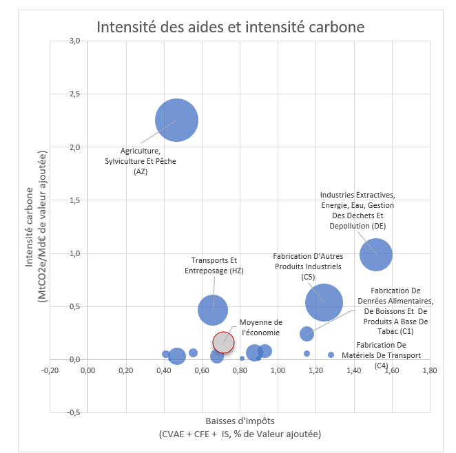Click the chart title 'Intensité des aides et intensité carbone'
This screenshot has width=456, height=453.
tap(230, 28)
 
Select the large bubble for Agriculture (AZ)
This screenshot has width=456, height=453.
tap(177, 120)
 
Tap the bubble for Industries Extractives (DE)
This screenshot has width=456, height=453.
tap(375, 255)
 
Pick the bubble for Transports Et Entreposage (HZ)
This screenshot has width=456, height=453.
tap(213, 310)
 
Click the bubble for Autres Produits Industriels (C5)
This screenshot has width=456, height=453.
tap(324, 302)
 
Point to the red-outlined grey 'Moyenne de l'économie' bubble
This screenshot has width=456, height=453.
tap(223, 341)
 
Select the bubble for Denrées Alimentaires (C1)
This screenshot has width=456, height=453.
tap(307, 334)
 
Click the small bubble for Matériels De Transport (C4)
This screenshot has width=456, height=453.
tap(331, 355)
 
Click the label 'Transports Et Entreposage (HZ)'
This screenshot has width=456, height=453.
tap(214, 266)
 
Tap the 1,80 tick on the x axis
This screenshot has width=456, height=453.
tap(428, 370)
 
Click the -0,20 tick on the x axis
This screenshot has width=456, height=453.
tap(50, 370)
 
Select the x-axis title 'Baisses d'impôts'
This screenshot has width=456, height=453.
tap(240, 421)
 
